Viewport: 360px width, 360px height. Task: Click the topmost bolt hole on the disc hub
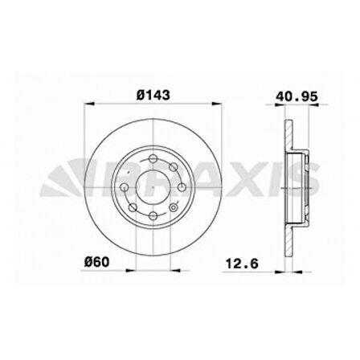click(x=153, y=157)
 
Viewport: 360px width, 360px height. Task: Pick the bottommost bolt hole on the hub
click(x=153, y=218)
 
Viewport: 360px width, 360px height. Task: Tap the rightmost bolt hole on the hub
click(x=182, y=187)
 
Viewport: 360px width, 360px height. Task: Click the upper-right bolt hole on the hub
click(x=174, y=166)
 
